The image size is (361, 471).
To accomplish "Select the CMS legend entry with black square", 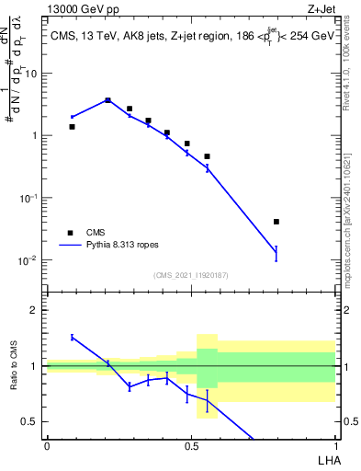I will tap(70, 233).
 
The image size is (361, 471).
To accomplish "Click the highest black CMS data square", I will tap(108, 100).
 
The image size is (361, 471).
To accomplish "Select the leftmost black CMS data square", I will tap(72, 127).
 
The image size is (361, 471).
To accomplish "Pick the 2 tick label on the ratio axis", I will tap(35, 310).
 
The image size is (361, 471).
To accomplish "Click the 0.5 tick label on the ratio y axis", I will tap(31, 422).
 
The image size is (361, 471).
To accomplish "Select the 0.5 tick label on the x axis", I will tap(191, 446).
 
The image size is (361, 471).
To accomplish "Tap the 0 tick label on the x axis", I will tap(47, 446).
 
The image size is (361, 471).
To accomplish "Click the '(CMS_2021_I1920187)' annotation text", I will tap(190, 275).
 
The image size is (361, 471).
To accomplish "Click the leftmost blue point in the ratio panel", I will tap(72, 337).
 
